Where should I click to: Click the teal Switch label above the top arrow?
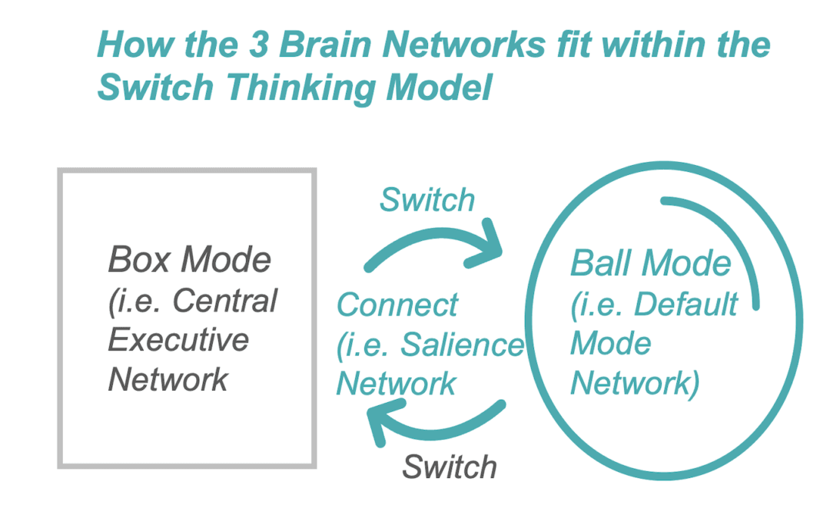[x=427, y=200]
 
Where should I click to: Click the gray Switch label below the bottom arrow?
[x=450, y=467]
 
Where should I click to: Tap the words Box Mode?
[x=190, y=260]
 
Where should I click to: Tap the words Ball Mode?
[x=650, y=264]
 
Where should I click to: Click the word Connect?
[x=397, y=305]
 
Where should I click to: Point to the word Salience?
[x=462, y=345]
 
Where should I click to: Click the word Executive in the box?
[x=178, y=339]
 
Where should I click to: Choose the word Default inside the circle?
[x=686, y=305]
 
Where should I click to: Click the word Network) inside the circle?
[x=635, y=383]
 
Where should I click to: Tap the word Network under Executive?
[x=168, y=378]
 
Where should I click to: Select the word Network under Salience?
[x=397, y=384]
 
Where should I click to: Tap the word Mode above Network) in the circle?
[x=610, y=344]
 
